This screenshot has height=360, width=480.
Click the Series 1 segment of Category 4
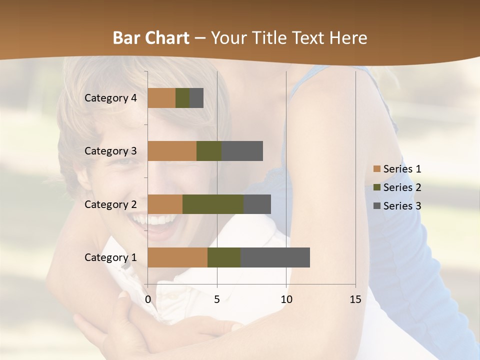(x=161, y=98)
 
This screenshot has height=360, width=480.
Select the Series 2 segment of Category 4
(x=182, y=98)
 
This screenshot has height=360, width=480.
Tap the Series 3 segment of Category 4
(x=196, y=98)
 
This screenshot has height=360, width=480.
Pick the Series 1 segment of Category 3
(x=172, y=151)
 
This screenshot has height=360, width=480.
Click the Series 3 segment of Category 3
(x=242, y=151)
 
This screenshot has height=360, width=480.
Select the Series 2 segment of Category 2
(x=213, y=204)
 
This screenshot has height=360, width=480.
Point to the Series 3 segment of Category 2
(x=257, y=204)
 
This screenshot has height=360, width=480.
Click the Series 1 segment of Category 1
(x=177, y=257)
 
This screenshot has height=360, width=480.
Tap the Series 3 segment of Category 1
(x=275, y=257)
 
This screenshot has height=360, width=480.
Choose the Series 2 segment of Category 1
(x=224, y=257)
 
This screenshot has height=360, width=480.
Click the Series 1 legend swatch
(x=377, y=169)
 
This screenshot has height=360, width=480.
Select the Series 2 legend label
(x=402, y=187)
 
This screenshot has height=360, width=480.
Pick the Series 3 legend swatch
(x=377, y=206)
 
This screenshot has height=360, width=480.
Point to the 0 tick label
(x=148, y=299)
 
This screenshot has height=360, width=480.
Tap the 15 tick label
(x=355, y=299)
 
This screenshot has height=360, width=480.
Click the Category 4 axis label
(x=110, y=98)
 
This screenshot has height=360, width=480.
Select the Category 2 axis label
(x=110, y=204)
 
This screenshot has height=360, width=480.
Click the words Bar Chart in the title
(x=151, y=38)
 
